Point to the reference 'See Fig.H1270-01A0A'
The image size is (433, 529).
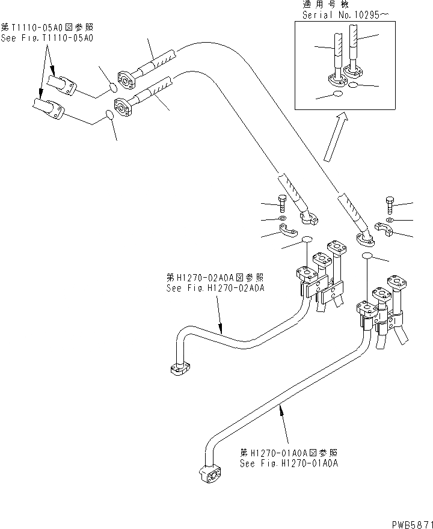point(289,463)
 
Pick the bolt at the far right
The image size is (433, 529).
point(389,205)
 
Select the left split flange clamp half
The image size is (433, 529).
point(288,230)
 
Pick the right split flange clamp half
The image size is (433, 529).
point(382,229)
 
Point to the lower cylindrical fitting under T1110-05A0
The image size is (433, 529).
point(51,108)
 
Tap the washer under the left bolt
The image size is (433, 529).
point(283,217)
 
